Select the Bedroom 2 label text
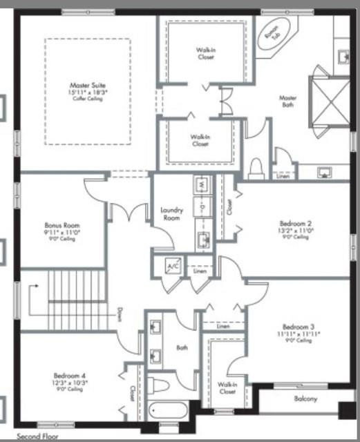(296, 224)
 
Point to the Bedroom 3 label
(299, 327)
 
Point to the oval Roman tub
(271, 39)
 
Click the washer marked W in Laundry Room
(202, 186)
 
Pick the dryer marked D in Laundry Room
(202, 206)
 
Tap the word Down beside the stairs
(120, 315)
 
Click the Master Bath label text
(287, 102)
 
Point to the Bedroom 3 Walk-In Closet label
(227, 387)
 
